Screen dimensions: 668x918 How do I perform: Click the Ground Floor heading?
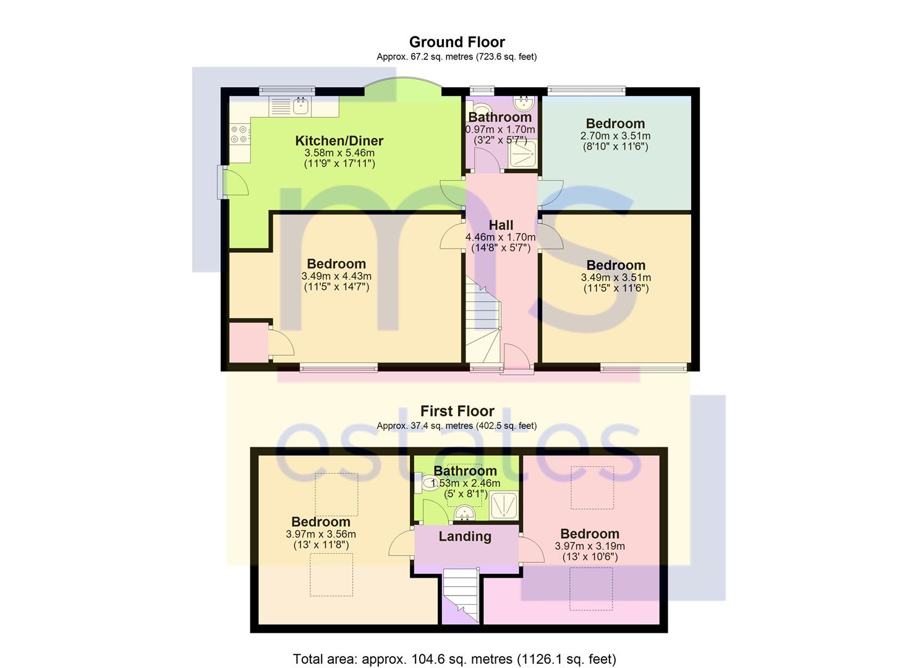457,42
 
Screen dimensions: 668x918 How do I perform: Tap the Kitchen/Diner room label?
339,141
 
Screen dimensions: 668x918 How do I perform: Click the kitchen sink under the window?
300,106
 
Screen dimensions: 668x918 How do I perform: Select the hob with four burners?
240,134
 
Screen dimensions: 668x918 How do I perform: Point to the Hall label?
501,225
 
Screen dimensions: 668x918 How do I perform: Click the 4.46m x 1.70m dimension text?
501,237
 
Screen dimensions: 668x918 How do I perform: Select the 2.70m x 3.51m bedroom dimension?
615,135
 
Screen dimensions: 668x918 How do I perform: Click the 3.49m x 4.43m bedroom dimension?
336,276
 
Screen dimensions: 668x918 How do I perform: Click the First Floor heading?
457,411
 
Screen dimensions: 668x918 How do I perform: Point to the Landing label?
465,536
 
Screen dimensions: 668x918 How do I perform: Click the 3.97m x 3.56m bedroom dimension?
321,534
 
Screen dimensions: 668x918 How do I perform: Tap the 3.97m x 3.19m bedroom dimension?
590,546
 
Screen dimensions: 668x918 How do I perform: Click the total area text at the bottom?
454,659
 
